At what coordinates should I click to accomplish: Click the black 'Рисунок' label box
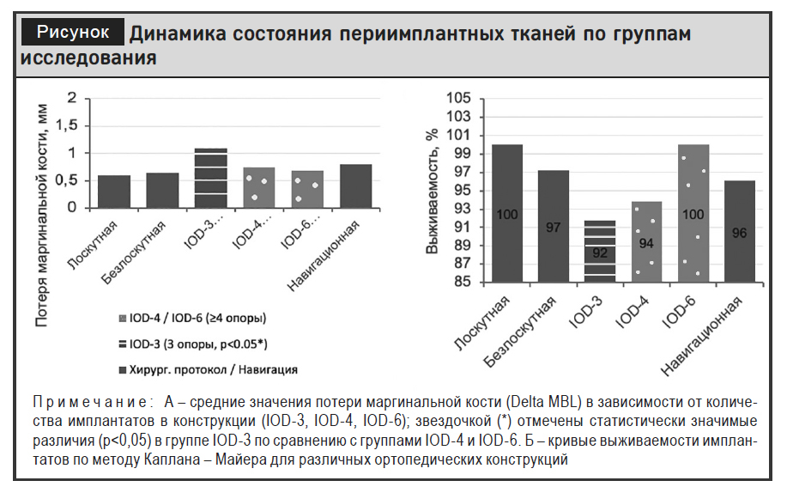[73, 33]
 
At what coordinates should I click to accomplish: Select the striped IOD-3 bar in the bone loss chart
[211, 179]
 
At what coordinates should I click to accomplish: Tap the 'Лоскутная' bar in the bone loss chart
[114, 192]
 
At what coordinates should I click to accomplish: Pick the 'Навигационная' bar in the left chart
[356, 186]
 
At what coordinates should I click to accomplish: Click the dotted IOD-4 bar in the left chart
[259, 188]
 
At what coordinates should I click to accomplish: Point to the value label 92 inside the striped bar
[600, 253]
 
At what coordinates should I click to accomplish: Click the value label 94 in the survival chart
[646, 244]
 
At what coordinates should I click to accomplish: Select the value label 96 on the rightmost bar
[739, 233]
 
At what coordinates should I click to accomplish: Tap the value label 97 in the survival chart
[553, 228]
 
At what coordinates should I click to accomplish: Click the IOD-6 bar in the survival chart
[693, 214]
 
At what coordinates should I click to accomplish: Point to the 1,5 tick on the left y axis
[66, 125]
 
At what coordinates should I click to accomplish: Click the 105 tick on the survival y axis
[459, 98]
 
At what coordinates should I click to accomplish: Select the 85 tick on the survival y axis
[463, 282]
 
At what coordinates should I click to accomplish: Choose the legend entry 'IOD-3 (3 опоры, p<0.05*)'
[193, 344]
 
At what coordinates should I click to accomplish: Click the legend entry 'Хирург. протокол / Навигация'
[208, 370]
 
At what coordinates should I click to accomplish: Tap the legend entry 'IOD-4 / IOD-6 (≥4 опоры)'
[192, 318]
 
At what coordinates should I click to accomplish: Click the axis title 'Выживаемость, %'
[433, 191]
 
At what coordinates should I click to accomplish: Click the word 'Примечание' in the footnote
[90, 402]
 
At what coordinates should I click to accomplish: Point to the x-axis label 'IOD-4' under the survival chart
[633, 312]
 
